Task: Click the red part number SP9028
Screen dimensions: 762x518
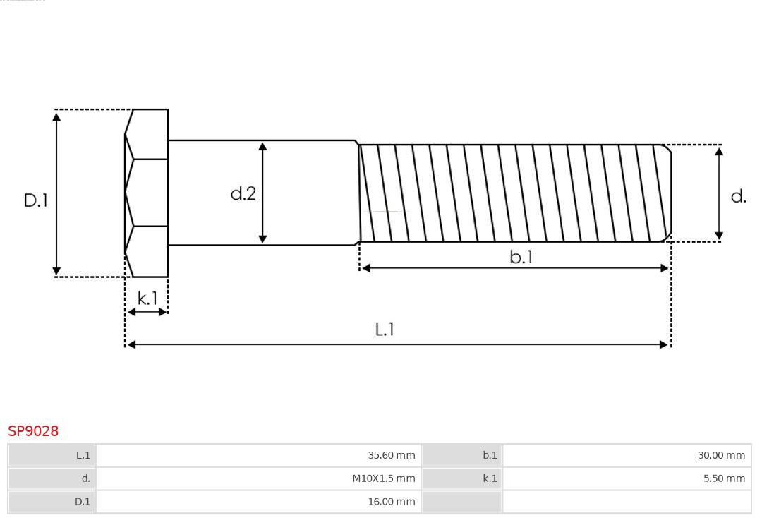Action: click(33, 431)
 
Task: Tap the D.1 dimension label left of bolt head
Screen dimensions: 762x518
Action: click(35, 200)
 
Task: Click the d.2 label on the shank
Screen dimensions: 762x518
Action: click(243, 193)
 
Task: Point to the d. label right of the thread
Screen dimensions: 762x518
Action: click(738, 197)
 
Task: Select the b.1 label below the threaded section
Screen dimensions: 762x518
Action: click(521, 258)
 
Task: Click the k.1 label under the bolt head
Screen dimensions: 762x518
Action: click(147, 299)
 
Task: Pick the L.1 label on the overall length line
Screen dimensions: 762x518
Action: click(385, 330)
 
